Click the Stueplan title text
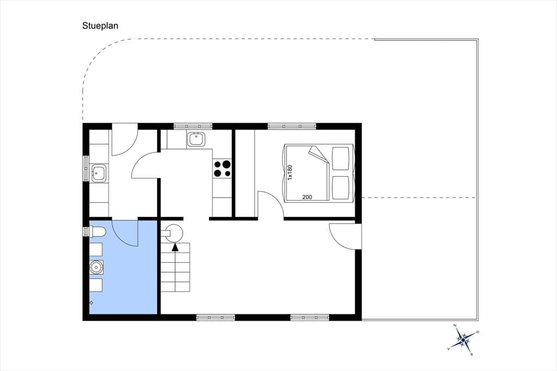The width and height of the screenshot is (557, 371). pyautogui.click(x=100, y=26)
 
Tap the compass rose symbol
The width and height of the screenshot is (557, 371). pyautogui.click(x=463, y=340)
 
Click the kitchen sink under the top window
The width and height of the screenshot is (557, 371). pyautogui.click(x=196, y=139)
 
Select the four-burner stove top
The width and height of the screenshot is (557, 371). pyautogui.click(x=222, y=169)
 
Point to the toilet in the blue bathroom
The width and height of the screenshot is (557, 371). pyautogui.click(x=97, y=232)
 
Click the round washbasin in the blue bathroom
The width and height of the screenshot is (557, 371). pyautogui.click(x=96, y=267)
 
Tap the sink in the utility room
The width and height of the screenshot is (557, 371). pyautogui.click(x=99, y=173)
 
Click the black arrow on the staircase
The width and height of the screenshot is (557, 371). pyautogui.click(x=175, y=248)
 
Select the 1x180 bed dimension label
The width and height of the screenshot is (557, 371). pyautogui.click(x=290, y=172)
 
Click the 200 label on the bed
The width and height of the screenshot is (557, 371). pyautogui.click(x=307, y=197)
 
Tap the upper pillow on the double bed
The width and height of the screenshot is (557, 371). pyautogui.click(x=341, y=158)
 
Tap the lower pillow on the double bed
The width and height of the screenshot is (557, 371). pyautogui.click(x=341, y=188)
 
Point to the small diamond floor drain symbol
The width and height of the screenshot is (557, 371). pyautogui.click(x=91, y=303)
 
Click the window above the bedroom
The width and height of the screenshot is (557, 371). pyautogui.click(x=292, y=126)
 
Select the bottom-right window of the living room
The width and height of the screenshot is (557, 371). pyautogui.click(x=310, y=317)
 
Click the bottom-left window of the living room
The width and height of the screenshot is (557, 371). pyautogui.click(x=215, y=317)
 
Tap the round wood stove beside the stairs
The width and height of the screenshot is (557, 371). pyautogui.click(x=175, y=233)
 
